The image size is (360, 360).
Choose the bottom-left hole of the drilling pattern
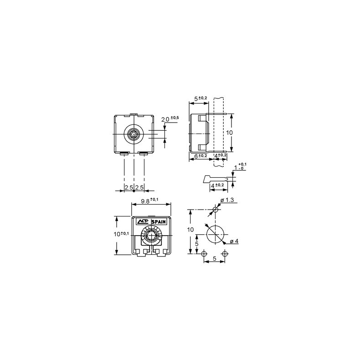click(x=205, y=253)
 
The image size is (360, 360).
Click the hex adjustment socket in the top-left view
click(x=134, y=134)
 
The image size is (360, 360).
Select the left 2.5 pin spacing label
click(x=129, y=187)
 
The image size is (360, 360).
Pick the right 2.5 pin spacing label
click(x=139, y=187)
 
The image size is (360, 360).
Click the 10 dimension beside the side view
click(x=230, y=133)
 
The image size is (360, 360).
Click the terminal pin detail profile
click(x=212, y=179)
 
